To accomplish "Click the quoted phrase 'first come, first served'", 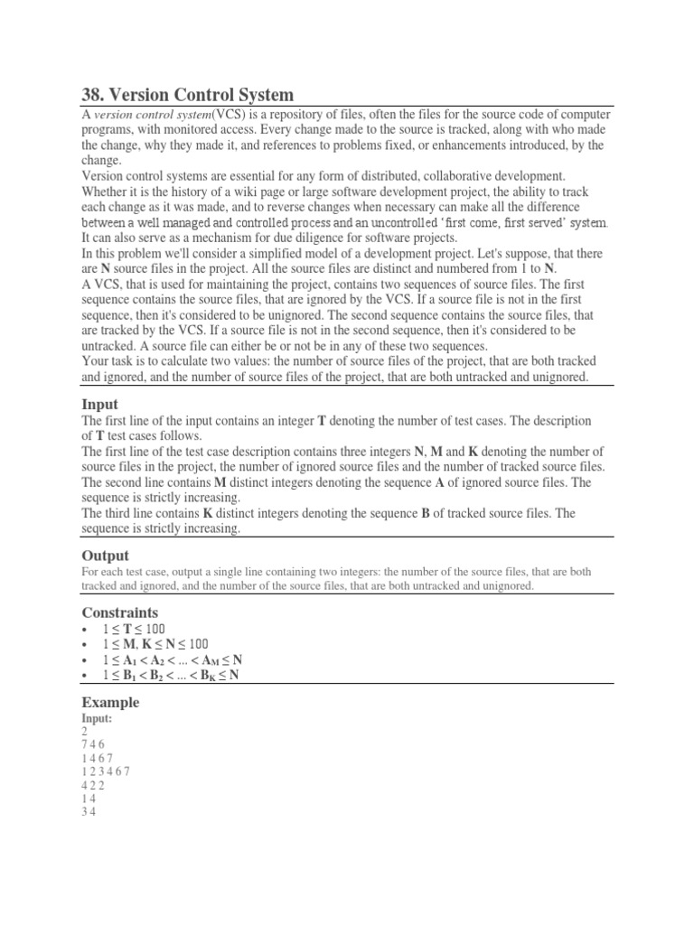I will tap(481, 221).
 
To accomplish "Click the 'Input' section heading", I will tap(99, 404).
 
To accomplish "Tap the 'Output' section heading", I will tap(105, 555).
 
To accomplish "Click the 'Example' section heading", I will tap(110, 702).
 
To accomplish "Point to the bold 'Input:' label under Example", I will tap(97, 717).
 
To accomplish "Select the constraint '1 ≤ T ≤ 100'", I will tap(133, 629).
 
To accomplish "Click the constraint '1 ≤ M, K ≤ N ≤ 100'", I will tap(155, 644).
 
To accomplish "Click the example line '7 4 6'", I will tap(93, 743).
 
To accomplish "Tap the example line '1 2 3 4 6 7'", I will tap(105, 771).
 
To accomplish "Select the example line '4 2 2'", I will tap(93, 785).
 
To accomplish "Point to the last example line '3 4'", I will tap(89, 812).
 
